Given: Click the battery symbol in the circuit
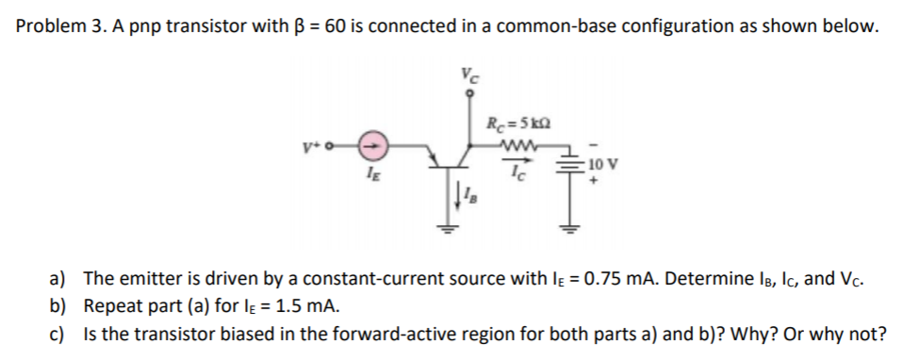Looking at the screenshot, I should (567, 165).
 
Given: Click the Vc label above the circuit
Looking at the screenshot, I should (468, 74).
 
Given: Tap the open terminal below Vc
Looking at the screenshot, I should (468, 93).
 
